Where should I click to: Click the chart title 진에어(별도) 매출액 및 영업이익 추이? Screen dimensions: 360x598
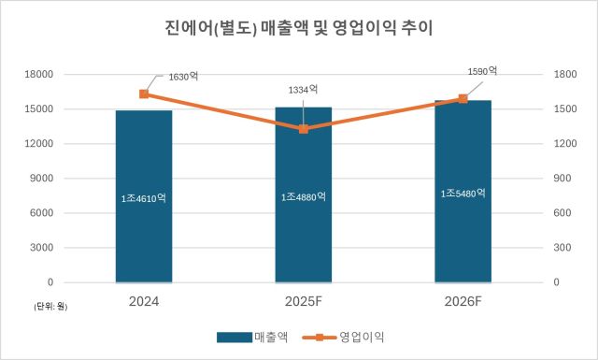coord(299,29)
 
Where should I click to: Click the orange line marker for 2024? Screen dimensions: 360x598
coord(144,94)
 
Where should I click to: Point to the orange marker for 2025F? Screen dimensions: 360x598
coord(303,128)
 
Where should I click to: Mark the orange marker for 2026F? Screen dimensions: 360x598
coord(463,98)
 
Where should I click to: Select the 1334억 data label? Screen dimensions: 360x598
coord(303,89)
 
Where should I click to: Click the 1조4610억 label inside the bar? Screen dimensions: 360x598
coord(144,198)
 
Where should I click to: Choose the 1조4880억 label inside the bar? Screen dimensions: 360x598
coord(303,197)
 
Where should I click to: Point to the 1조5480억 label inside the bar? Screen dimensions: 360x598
coord(463,194)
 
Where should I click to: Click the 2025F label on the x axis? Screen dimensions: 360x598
coord(303,302)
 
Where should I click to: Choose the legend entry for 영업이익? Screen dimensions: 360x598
coord(349,336)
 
